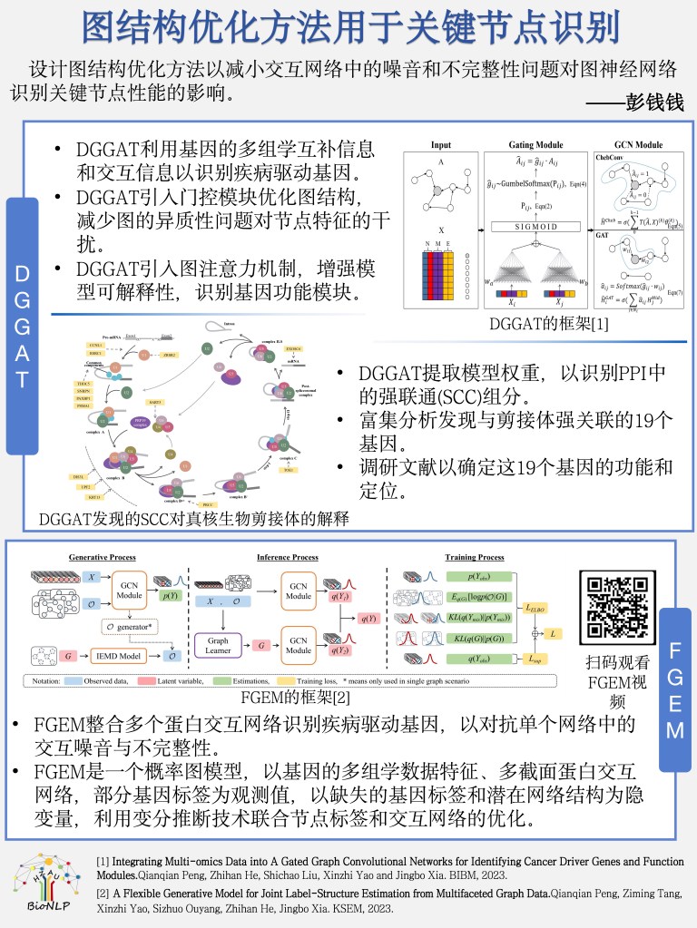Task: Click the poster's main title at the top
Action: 348,27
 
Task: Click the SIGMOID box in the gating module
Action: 535,225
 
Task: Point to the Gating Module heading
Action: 535,145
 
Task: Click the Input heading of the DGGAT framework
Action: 441,145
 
